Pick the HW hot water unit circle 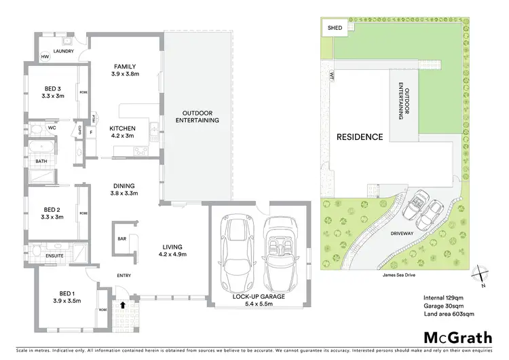click(x=45, y=56)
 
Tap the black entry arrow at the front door click(x=123, y=306)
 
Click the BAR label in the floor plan click(x=123, y=238)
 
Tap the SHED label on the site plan click(x=335, y=29)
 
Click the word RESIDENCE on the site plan click(x=360, y=137)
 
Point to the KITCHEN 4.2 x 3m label click(x=124, y=132)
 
